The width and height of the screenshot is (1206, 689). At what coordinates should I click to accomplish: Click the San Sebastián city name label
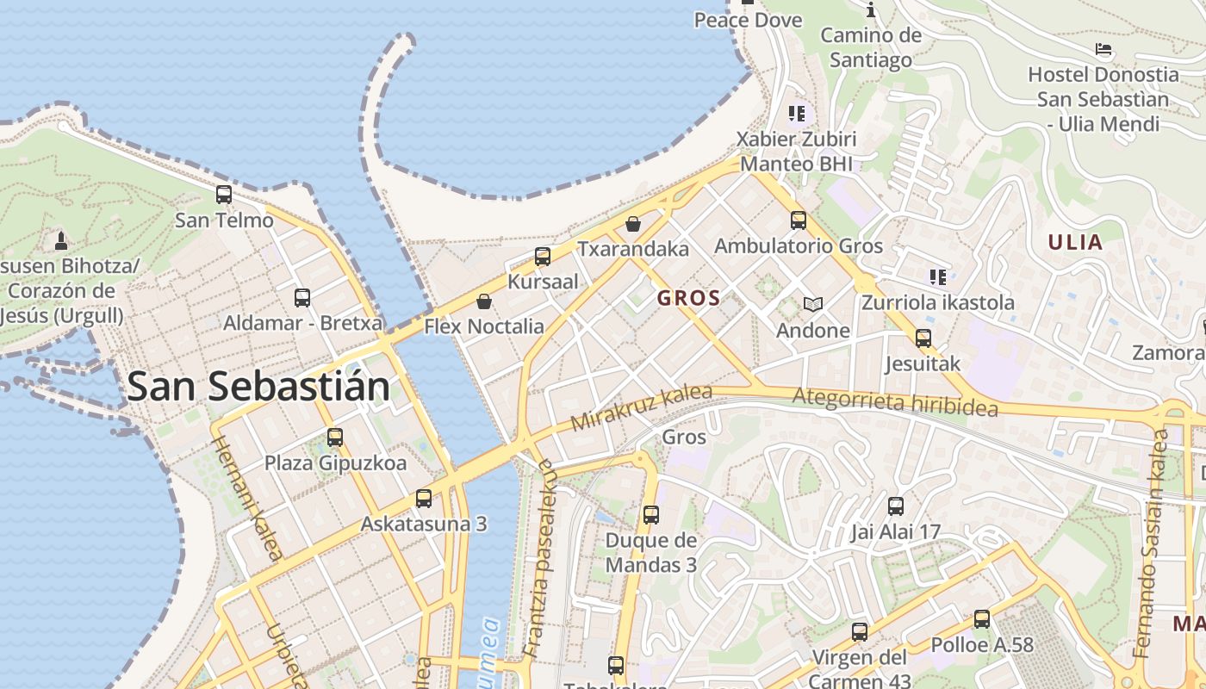(258, 388)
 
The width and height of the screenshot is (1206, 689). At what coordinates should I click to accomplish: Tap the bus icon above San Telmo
(224, 194)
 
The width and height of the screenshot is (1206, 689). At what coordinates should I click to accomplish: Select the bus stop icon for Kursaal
(543, 256)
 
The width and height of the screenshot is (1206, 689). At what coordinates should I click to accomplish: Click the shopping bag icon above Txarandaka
(633, 224)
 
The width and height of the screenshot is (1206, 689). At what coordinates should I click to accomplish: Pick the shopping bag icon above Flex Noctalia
(484, 301)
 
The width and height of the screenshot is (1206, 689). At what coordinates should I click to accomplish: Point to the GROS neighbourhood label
(688, 299)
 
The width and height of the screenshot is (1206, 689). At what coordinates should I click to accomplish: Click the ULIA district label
(1075, 242)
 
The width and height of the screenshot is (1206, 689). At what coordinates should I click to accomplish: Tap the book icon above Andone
(812, 304)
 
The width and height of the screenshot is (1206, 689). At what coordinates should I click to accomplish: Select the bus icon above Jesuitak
(923, 338)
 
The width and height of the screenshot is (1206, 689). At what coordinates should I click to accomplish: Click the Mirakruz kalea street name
(642, 408)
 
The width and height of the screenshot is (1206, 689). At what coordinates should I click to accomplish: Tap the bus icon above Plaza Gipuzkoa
(335, 438)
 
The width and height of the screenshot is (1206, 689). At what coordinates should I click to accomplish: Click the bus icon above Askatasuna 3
(424, 498)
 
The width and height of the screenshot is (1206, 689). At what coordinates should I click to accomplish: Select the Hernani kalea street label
(246, 498)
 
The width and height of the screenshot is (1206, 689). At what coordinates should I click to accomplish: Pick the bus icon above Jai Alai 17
(896, 506)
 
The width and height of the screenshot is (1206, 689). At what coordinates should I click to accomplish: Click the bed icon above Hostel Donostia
(1103, 49)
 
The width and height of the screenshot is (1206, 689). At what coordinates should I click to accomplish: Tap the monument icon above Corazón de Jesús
(61, 239)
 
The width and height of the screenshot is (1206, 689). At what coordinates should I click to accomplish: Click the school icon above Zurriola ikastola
(938, 276)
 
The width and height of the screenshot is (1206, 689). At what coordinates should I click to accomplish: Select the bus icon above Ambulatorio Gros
(799, 220)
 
